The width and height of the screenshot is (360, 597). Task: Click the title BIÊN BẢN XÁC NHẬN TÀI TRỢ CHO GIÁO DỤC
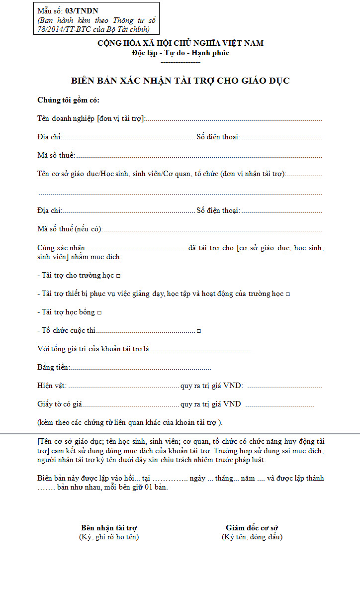(x=180, y=81)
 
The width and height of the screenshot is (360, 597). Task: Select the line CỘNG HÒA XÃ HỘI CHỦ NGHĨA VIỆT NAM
(x=180, y=43)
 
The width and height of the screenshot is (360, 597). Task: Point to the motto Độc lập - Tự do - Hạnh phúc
(x=180, y=53)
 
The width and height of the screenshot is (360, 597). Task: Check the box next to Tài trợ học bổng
(x=99, y=312)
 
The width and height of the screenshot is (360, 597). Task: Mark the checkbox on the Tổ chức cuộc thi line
(x=199, y=331)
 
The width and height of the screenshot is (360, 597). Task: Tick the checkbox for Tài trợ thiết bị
(x=288, y=294)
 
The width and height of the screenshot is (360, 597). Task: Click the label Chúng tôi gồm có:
(x=69, y=100)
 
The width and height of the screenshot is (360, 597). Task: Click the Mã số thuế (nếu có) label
(x=70, y=229)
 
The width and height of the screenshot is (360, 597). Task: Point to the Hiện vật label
(x=52, y=386)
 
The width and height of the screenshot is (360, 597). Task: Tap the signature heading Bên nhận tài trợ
(x=109, y=528)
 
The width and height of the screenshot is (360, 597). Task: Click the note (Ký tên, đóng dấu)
(x=252, y=537)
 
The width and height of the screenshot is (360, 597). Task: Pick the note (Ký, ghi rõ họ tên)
(x=109, y=537)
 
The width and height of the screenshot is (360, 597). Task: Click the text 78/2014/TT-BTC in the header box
(x=62, y=29)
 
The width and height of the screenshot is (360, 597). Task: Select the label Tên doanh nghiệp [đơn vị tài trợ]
(x=91, y=118)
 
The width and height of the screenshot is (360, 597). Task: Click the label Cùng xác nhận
(x=61, y=248)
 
